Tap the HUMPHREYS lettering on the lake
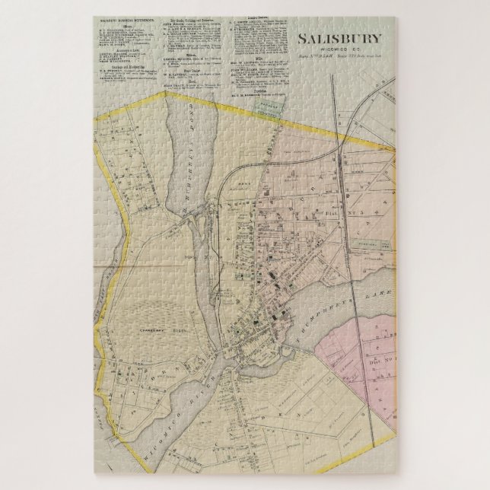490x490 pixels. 314,312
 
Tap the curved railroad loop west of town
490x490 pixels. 221,190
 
